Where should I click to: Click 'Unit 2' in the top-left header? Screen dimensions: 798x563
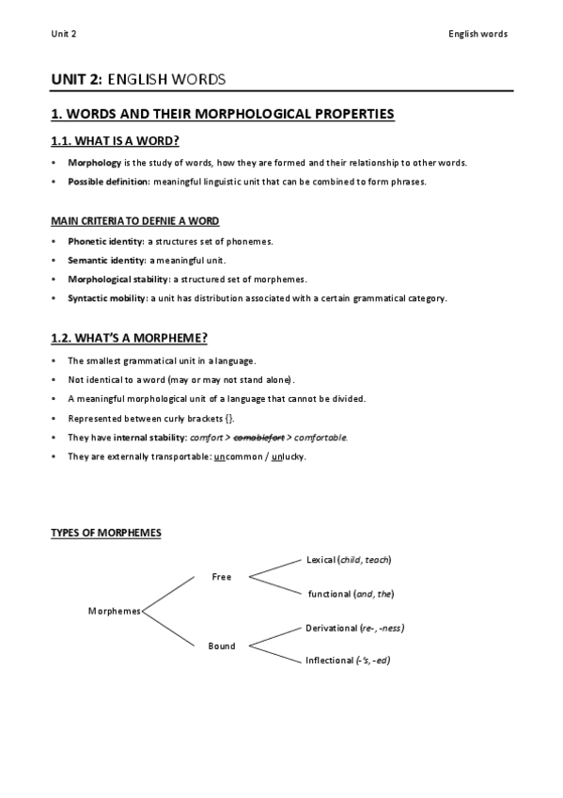[x=64, y=34]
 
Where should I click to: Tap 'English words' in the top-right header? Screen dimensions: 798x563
[x=479, y=34]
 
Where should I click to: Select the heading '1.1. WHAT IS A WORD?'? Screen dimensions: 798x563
[x=115, y=141]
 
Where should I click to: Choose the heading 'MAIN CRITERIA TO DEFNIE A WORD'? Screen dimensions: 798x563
[x=134, y=221]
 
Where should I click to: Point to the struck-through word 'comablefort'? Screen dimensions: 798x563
[x=258, y=438]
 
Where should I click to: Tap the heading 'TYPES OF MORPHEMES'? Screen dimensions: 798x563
[x=105, y=534]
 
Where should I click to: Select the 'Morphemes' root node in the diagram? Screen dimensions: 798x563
[x=114, y=611]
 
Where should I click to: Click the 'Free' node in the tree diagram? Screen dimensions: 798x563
[x=222, y=577]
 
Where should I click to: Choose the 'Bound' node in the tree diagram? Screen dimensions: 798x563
[x=222, y=646]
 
